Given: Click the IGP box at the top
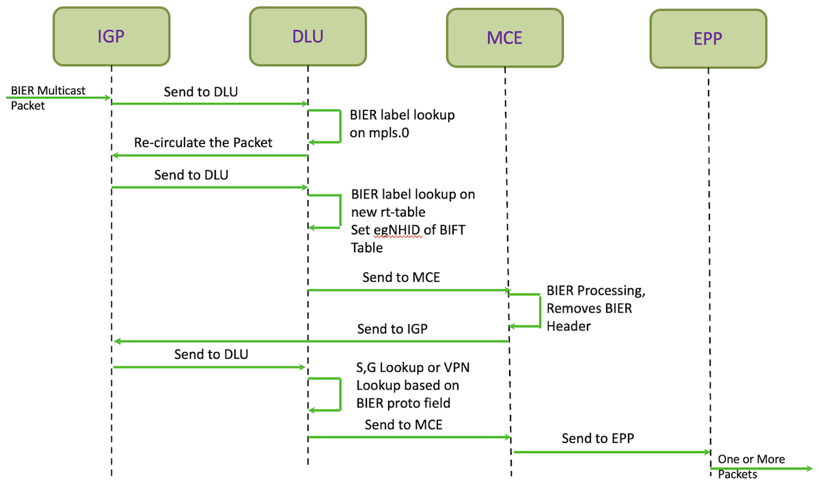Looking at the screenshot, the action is click(x=111, y=36).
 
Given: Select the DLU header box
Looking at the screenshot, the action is click(x=308, y=36).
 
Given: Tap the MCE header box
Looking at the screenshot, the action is click(x=505, y=38).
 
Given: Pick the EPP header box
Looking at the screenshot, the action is click(x=709, y=38).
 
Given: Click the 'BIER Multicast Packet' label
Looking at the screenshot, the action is click(x=48, y=98).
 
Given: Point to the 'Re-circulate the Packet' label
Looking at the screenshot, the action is click(x=203, y=143).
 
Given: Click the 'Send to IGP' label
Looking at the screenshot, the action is click(x=392, y=329).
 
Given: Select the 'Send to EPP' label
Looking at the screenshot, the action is click(x=598, y=438).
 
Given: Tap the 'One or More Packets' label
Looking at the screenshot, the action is click(x=751, y=467).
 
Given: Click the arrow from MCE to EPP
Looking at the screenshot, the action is click(x=612, y=452).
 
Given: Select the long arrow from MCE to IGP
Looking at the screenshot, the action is click(x=311, y=341).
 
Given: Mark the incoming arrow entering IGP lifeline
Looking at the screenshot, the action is click(x=59, y=98).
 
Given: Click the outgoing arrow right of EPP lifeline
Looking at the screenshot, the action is click(x=761, y=468).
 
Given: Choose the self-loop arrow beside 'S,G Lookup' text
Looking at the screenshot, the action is click(x=340, y=394).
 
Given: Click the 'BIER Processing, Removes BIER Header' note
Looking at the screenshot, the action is click(x=596, y=308).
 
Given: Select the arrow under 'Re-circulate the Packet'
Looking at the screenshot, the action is click(x=210, y=156).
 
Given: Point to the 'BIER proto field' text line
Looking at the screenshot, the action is click(x=403, y=403).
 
